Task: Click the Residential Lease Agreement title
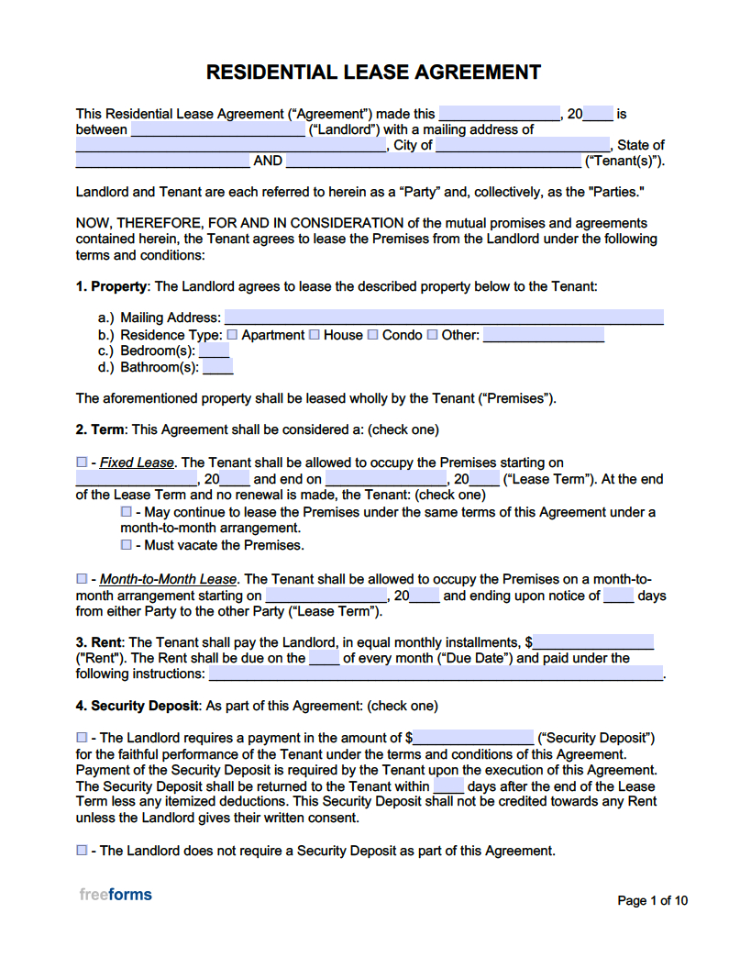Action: pyautogui.click(x=373, y=72)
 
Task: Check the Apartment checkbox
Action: pyautogui.click(x=232, y=335)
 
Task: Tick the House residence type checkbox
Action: pyautogui.click(x=315, y=335)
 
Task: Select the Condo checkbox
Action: pyautogui.click(x=373, y=335)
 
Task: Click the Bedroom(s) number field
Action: pyautogui.click(x=215, y=351)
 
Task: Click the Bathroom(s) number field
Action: pyautogui.click(x=217, y=367)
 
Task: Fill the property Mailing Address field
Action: pyautogui.click(x=444, y=317)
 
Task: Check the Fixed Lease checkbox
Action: pyautogui.click(x=82, y=462)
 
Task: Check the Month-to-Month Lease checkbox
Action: pyautogui.click(x=82, y=579)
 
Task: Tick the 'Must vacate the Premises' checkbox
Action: pyautogui.click(x=127, y=545)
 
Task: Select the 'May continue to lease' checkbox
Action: pyautogui.click(x=127, y=512)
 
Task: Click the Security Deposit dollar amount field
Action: pyautogui.click(x=473, y=738)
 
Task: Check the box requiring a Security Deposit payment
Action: pyautogui.click(x=82, y=738)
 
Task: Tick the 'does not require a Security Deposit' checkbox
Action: pyautogui.click(x=82, y=851)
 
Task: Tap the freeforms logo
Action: pyautogui.click(x=116, y=895)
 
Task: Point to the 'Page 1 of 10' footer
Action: pyautogui.click(x=652, y=900)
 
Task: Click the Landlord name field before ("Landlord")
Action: pyautogui.click(x=217, y=129)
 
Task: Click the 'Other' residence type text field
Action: pyautogui.click(x=543, y=335)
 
